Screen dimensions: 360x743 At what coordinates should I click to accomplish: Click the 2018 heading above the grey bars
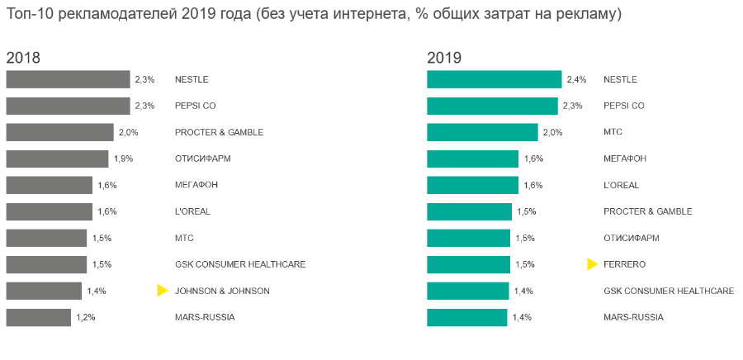pos(23,58)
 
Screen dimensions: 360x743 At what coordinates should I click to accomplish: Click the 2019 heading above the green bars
pos(444,58)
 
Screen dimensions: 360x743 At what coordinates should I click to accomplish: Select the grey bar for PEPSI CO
pos(68,106)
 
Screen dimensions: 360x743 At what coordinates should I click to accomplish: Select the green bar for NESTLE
pos(495,79)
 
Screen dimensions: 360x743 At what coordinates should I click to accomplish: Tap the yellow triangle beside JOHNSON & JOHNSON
pos(162,291)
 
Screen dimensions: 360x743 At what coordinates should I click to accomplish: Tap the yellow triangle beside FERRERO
pos(591,264)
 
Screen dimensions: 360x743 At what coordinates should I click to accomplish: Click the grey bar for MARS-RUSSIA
pos(39,317)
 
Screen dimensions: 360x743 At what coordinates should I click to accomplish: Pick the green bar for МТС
pos(482,132)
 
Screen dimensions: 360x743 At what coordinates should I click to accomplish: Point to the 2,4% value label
pos(576,79)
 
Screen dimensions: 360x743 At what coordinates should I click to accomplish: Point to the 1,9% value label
pos(123,159)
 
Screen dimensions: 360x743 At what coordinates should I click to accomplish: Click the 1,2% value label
pos(85,317)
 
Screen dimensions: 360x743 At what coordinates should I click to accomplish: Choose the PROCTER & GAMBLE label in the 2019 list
pos(648,211)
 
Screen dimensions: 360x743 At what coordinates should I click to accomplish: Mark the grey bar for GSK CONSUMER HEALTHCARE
pos(46,264)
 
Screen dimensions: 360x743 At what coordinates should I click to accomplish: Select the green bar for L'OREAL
pos(472,185)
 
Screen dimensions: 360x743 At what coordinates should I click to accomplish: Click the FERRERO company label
pos(625,264)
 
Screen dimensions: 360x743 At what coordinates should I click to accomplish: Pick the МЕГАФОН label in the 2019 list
pos(626,159)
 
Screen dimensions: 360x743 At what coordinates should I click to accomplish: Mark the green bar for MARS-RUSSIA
pos(466,317)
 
